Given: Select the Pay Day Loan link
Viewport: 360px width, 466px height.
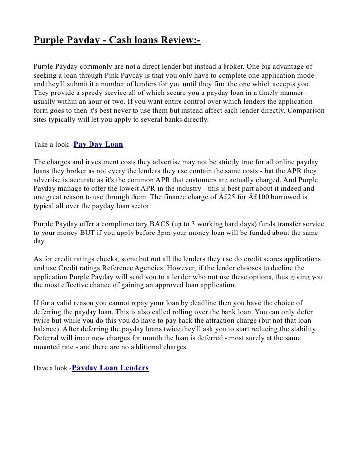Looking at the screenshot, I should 98,145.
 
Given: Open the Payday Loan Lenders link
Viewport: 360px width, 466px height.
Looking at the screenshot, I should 110,368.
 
